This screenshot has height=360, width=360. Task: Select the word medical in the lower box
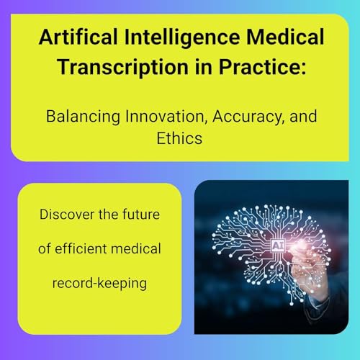(139, 249)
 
